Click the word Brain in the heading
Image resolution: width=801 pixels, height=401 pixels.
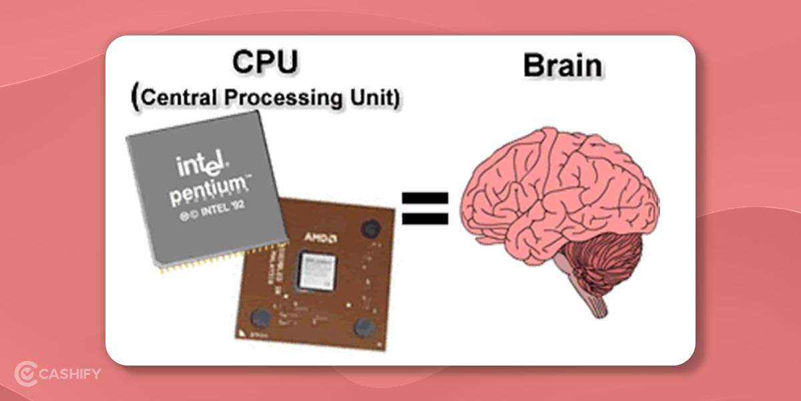562,66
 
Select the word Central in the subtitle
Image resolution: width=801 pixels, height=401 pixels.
180,98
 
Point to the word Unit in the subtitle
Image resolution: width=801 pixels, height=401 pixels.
378,98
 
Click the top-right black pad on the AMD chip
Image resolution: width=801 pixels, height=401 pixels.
369,229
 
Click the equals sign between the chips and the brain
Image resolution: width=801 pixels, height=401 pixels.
425,208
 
